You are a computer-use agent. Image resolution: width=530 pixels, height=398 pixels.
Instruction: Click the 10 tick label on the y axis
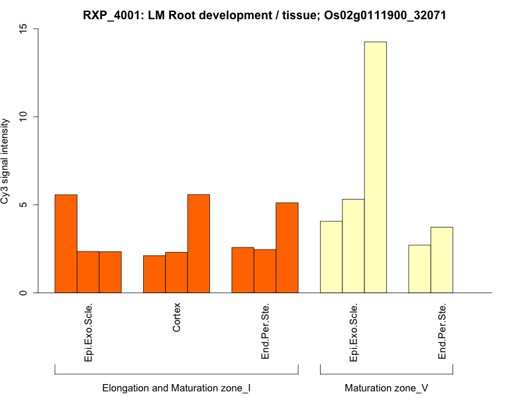[25, 117]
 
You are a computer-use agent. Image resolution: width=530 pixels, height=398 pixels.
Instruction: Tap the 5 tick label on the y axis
[25, 205]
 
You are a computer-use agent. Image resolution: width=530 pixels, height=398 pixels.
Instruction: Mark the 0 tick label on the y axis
[25, 293]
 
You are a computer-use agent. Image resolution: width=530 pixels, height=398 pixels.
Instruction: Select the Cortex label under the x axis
[177, 318]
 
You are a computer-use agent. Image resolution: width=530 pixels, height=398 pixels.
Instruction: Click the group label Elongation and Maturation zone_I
[176, 387]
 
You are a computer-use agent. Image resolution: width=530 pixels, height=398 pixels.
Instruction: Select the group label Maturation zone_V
[386, 387]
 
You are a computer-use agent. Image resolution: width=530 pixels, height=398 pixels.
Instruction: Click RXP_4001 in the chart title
[110, 15]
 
